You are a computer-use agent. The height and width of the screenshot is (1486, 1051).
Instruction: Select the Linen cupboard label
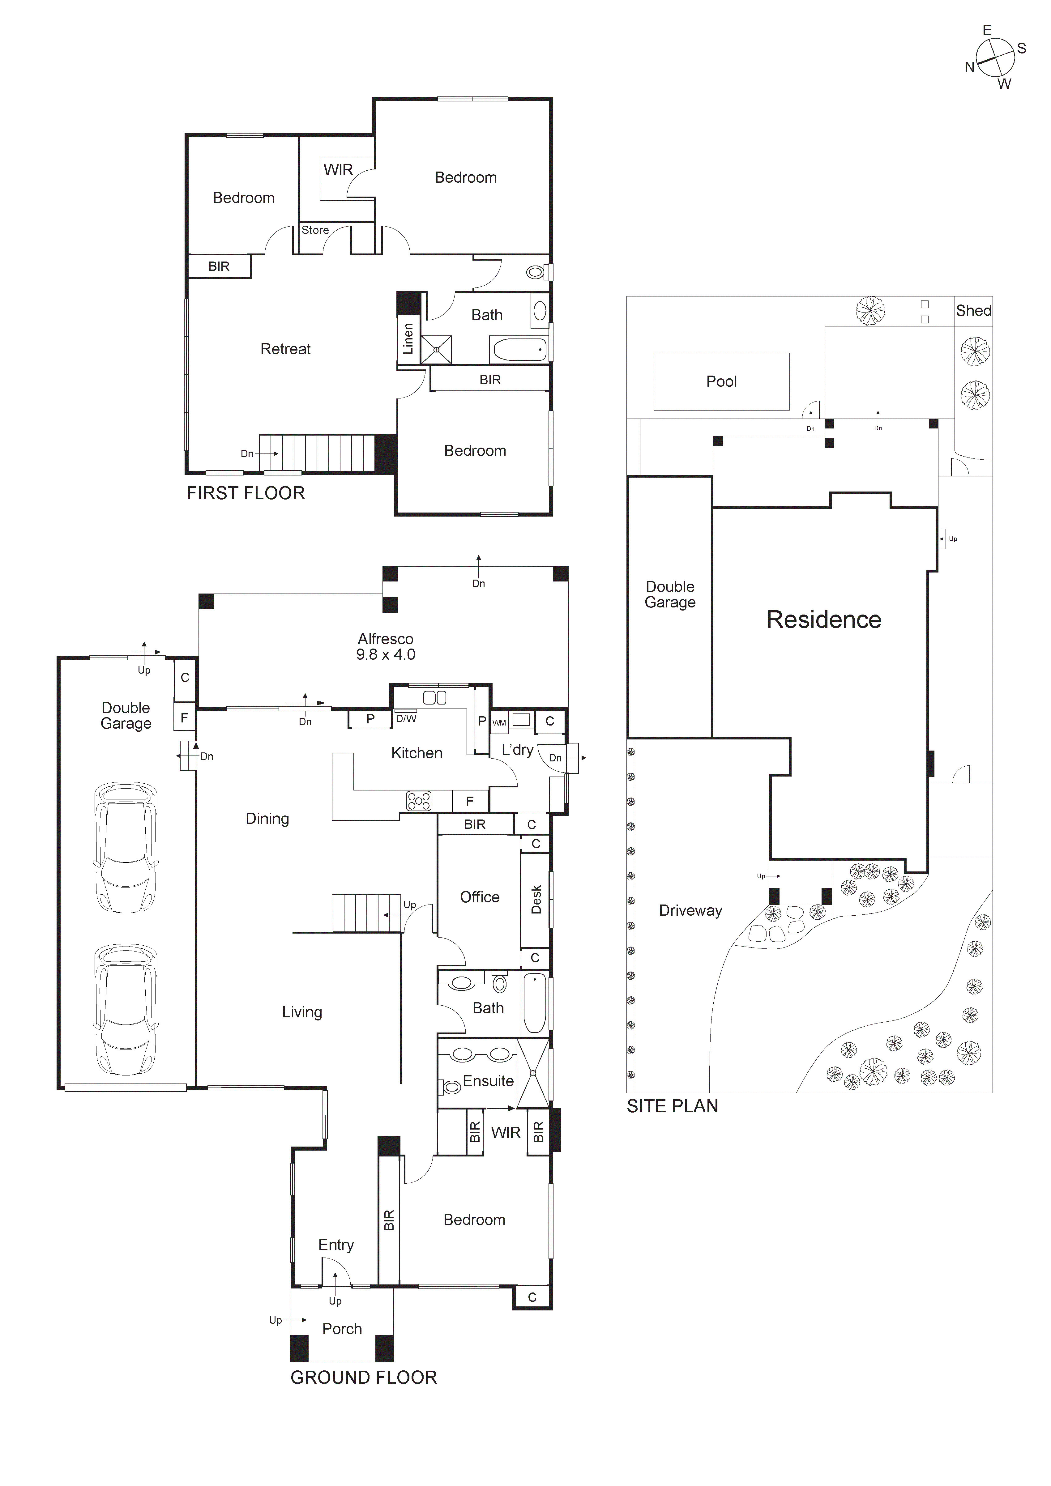(x=408, y=339)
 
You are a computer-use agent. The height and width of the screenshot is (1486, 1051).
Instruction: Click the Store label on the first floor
(x=315, y=230)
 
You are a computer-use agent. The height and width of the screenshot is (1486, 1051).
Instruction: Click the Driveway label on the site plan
(x=690, y=911)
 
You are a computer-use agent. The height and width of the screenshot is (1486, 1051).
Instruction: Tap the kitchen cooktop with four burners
(x=418, y=801)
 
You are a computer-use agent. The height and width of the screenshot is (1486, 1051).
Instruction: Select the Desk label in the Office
(x=536, y=900)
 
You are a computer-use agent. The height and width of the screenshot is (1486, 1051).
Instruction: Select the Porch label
(x=342, y=1329)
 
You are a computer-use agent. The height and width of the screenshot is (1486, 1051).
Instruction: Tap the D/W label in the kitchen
(x=406, y=718)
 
